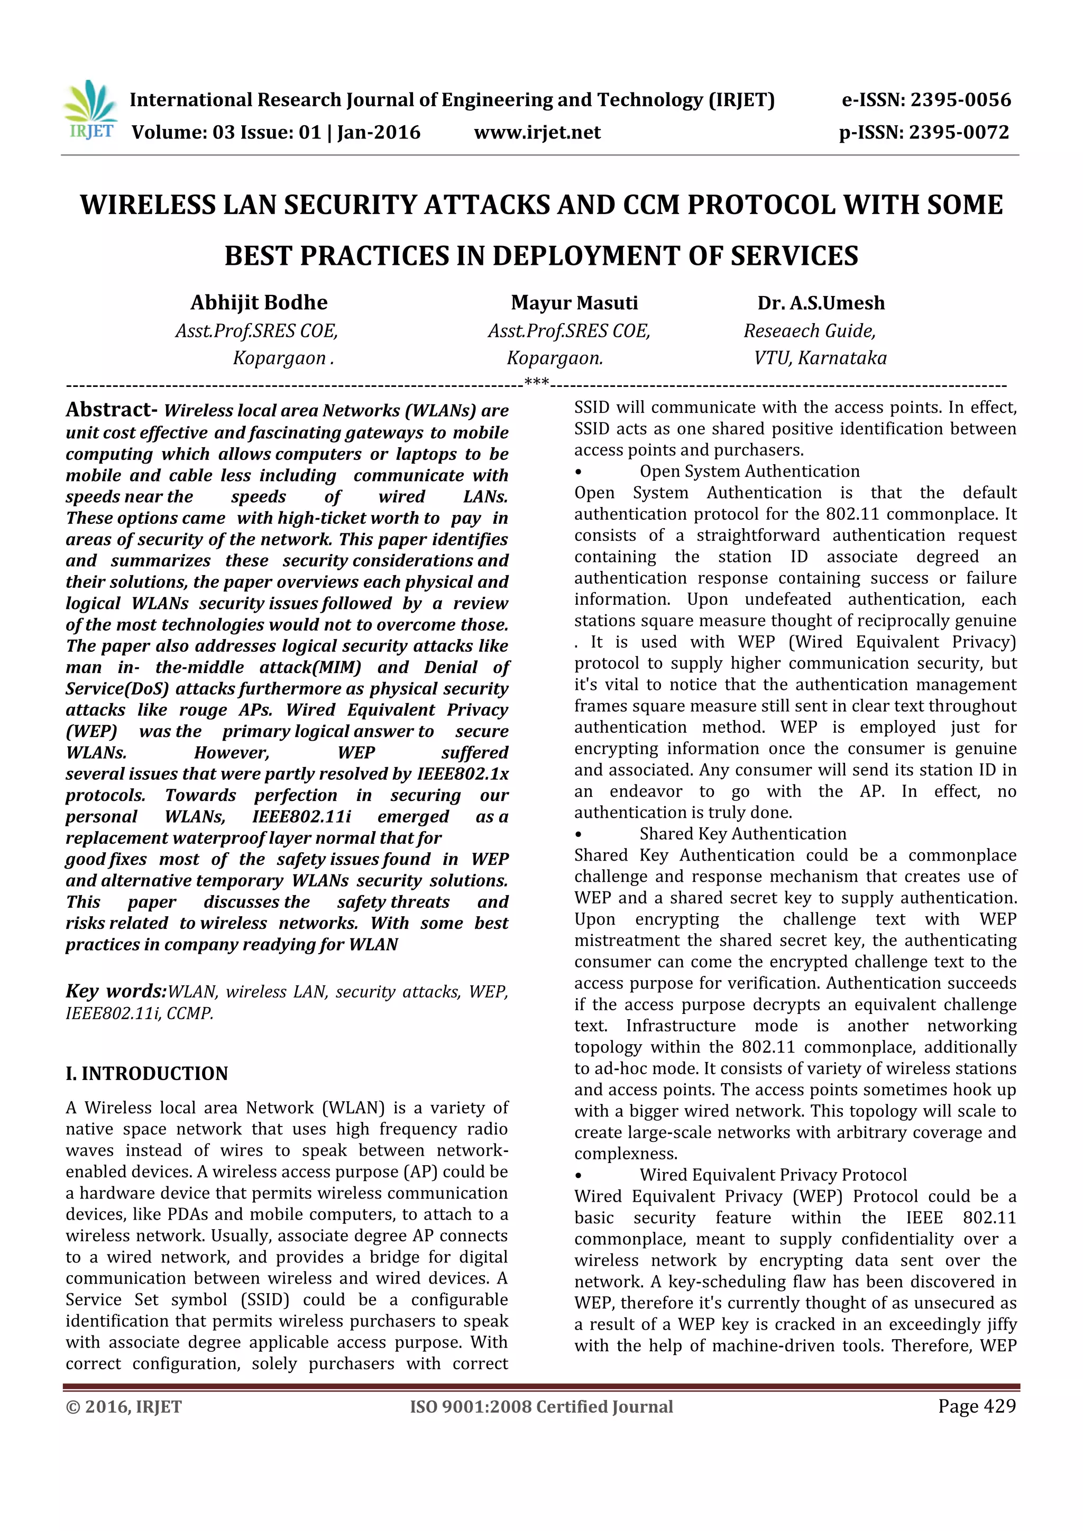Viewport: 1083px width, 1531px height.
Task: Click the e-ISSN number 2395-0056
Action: click(960, 100)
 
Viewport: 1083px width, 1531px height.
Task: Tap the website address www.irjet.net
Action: click(537, 133)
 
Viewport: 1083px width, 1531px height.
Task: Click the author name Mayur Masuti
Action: click(574, 303)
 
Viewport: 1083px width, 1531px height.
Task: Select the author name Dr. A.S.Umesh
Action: click(821, 303)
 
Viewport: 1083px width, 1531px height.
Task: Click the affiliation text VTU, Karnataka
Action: click(820, 358)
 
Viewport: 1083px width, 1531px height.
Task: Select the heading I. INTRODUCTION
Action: click(146, 1074)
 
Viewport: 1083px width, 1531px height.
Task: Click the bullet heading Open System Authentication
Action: click(749, 472)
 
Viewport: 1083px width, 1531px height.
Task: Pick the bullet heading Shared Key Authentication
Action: click(743, 834)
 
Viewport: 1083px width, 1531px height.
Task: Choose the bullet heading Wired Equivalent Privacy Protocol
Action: click(773, 1175)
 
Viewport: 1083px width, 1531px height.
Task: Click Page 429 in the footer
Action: click(977, 1406)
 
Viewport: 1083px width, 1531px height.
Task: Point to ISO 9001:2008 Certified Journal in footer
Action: click(541, 1407)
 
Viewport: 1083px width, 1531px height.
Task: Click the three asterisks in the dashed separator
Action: click(537, 382)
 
